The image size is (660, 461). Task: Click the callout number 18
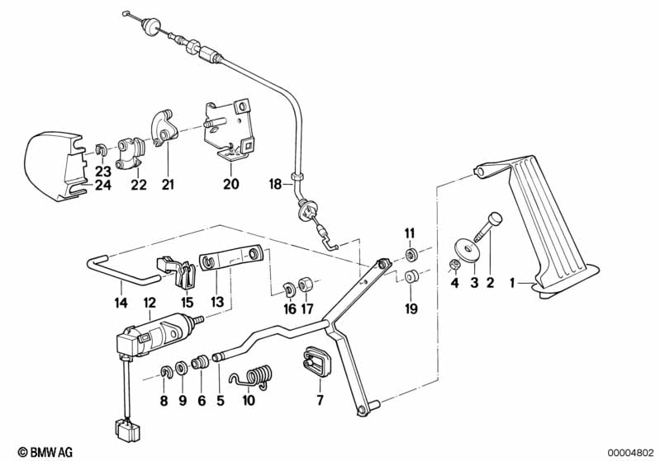coord(276,184)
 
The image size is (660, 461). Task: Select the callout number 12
coord(150,303)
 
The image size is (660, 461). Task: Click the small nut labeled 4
coord(453,265)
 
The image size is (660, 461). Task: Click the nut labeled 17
coord(305,284)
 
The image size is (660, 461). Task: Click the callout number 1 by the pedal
coord(513,284)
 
